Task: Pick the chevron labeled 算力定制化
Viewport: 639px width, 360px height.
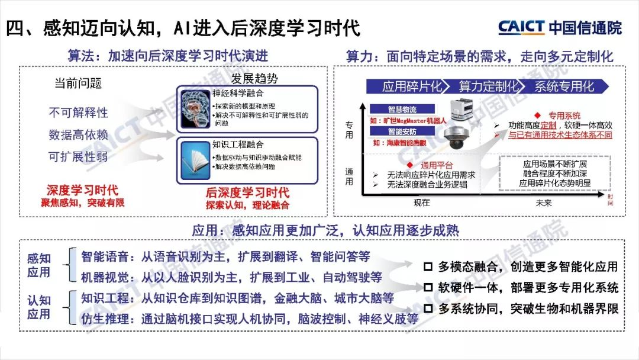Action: [x=488, y=86]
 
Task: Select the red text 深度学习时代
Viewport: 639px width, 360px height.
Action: [x=82, y=191]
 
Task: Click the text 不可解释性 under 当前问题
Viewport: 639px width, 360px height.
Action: [x=78, y=112]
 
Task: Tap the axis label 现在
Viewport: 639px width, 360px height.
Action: [x=422, y=203]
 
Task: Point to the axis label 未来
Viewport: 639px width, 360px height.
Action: [x=543, y=203]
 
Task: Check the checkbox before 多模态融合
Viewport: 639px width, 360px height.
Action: [x=428, y=267]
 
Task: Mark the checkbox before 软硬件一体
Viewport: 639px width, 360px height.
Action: [x=428, y=288]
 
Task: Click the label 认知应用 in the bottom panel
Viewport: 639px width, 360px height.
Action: [x=39, y=307]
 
